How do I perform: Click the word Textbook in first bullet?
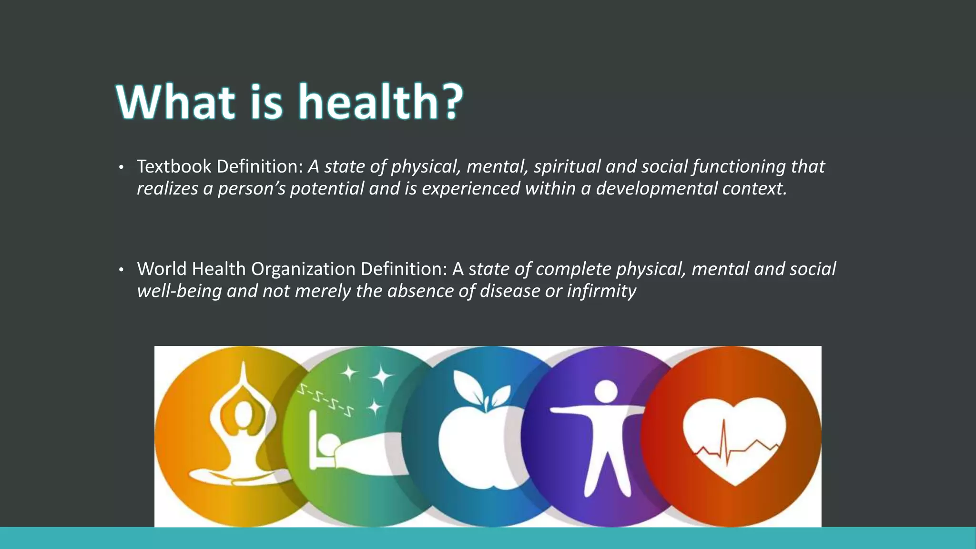tap(174, 166)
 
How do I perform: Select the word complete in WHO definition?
tap(573, 269)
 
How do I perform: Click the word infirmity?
tap(601, 291)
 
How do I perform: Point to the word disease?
tap(509, 291)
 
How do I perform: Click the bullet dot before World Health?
tap(121, 270)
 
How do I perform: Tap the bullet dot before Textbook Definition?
tap(121, 168)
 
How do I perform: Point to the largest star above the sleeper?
tap(382, 376)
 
